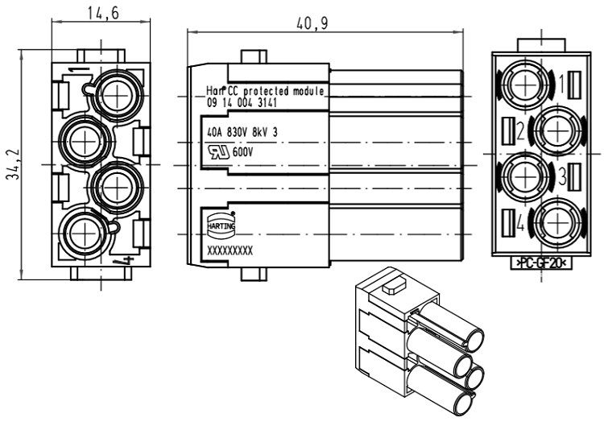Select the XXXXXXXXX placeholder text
click(x=230, y=251)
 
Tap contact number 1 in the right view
click(x=563, y=81)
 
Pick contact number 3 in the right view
click(x=563, y=175)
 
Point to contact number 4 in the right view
click(x=522, y=225)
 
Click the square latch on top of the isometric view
click(x=392, y=284)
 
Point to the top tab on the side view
click(x=254, y=58)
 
